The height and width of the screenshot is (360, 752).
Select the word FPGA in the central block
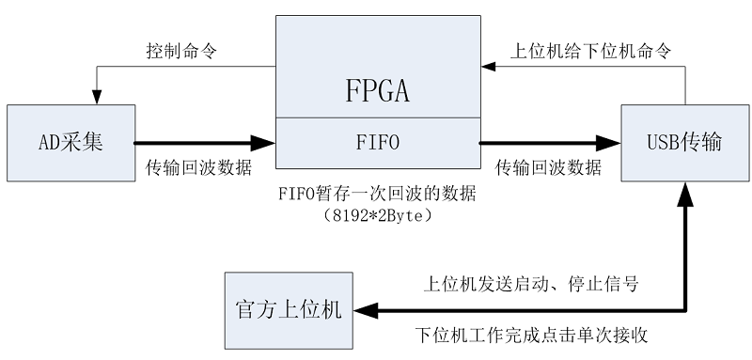pyautogui.click(x=376, y=92)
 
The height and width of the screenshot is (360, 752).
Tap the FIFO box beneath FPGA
pyautogui.click(x=376, y=144)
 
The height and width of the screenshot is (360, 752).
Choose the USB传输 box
pyautogui.click(x=684, y=144)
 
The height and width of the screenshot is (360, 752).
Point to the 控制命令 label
pyautogui.click(x=182, y=51)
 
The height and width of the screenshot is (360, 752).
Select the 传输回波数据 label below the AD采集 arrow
pyautogui.click(x=198, y=168)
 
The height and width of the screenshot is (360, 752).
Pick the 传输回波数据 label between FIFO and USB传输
pyautogui.click(x=549, y=168)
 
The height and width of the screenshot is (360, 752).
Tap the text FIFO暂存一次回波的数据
pyautogui.click(x=377, y=195)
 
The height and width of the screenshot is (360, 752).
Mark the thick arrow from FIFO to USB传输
pyautogui.click(x=550, y=144)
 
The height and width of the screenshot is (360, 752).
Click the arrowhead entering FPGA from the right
pyautogui.click(x=486, y=67)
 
